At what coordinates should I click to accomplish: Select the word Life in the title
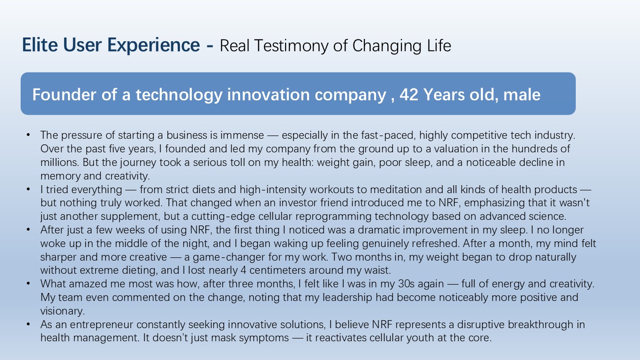(439, 45)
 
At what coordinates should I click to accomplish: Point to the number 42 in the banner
(409, 95)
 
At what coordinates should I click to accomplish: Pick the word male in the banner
(522, 95)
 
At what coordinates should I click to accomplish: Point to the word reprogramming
(333, 217)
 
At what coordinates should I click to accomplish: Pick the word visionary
(62, 311)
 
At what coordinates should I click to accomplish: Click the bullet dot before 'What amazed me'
(28, 284)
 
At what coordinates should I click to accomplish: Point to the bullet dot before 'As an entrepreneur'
(28, 324)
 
